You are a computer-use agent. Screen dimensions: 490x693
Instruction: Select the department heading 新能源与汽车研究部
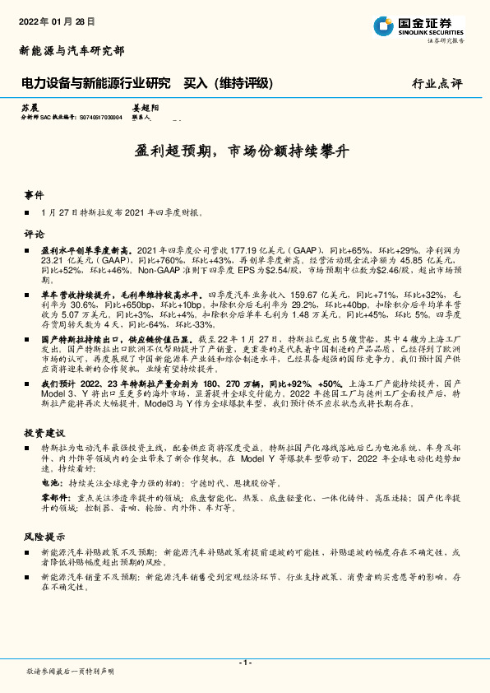click(72, 51)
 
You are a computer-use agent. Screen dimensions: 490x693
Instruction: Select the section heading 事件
click(34, 196)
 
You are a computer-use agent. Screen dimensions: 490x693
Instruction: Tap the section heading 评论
click(34, 233)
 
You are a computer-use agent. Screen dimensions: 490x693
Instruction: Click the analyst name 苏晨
click(30, 108)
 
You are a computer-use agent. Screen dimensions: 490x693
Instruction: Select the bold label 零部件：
click(53, 498)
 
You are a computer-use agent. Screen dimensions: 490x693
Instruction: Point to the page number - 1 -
click(244, 663)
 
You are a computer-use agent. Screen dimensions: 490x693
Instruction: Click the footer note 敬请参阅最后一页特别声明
click(71, 672)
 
